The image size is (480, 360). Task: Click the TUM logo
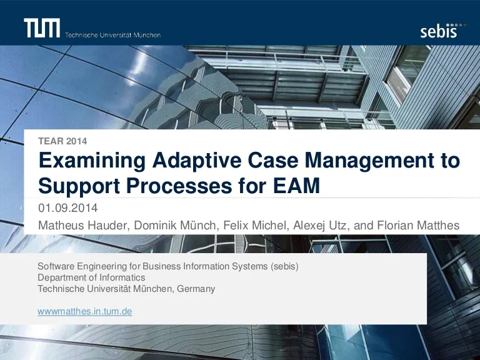pos(42,28)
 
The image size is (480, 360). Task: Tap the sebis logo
pos(443,31)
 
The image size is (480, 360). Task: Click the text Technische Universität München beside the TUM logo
pos(112,35)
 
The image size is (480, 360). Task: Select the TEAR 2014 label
pos(62,141)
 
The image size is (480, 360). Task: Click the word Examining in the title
pos(92,161)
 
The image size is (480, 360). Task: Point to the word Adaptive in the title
pos(197,161)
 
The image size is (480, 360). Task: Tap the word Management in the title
pos(369,161)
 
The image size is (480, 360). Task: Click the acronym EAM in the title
pos(296,186)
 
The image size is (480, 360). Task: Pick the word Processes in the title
pos(179,186)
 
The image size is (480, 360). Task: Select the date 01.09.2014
pos(68,208)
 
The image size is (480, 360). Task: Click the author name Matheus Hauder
pos(82,225)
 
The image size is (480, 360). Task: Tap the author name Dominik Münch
pos(175,225)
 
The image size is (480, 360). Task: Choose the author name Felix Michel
pos(255,225)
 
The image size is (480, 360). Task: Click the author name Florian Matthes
pos(418,225)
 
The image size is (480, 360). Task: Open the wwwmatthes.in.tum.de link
pos(85,311)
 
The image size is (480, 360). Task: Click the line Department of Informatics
pos(91,277)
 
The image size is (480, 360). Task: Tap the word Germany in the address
pos(196,289)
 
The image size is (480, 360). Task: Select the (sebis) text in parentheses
pos(284,266)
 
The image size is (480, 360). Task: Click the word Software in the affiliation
pos(56,266)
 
